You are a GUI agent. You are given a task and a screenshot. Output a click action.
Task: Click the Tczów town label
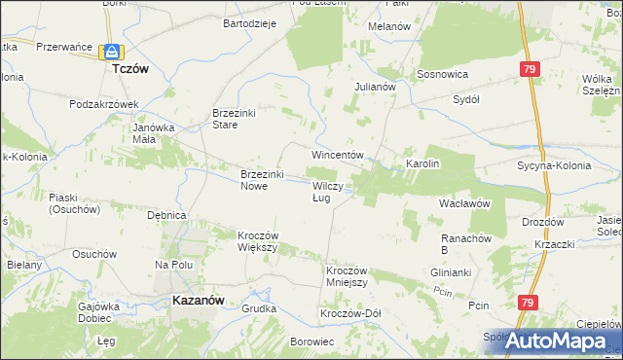(129, 70)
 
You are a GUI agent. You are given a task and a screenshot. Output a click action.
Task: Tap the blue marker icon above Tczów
(113, 52)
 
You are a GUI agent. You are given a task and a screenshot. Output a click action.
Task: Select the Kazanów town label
(199, 301)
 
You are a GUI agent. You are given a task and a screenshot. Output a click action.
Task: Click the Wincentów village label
(337, 155)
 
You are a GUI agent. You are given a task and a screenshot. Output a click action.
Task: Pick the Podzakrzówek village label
(105, 103)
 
